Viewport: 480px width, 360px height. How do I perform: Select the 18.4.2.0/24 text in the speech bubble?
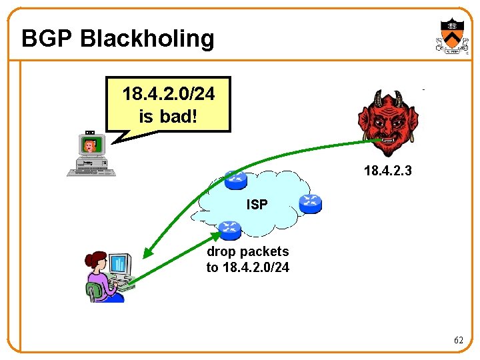tap(169, 94)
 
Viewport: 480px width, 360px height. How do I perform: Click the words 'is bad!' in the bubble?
tap(169, 116)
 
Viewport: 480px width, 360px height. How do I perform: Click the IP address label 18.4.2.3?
tap(388, 171)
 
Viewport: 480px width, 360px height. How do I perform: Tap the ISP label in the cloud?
tap(257, 204)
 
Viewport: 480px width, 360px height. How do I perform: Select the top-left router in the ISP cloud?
tap(235, 180)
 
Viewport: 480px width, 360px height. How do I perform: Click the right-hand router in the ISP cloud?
tap(310, 203)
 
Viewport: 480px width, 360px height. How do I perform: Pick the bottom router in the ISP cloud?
tap(229, 230)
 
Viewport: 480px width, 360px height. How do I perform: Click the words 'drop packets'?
tap(248, 251)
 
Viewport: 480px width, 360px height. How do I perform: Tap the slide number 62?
tap(459, 340)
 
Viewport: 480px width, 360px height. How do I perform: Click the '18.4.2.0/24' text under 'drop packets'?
tap(248, 267)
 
